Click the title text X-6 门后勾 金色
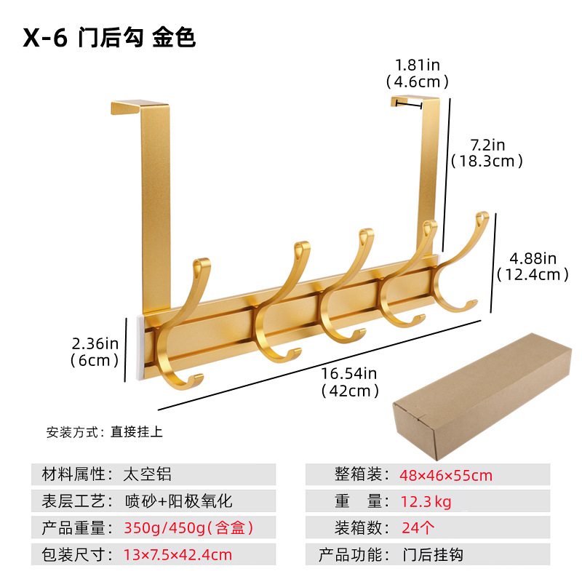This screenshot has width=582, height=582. tap(109, 38)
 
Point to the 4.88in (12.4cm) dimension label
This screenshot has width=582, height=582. tap(533, 266)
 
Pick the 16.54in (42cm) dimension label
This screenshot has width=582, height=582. tap(350, 382)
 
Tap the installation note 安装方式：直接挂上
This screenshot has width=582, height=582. tap(105, 431)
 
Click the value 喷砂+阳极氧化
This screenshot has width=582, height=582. tap(178, 501)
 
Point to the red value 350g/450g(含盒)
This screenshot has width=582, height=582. tap(188, 528)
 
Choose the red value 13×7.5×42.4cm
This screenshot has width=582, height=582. tap(178, 554)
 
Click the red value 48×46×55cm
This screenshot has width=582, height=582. tap(445, 476)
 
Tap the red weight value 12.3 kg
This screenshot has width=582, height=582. tap(426, 501)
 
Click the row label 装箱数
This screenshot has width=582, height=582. tap(351, 528)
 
